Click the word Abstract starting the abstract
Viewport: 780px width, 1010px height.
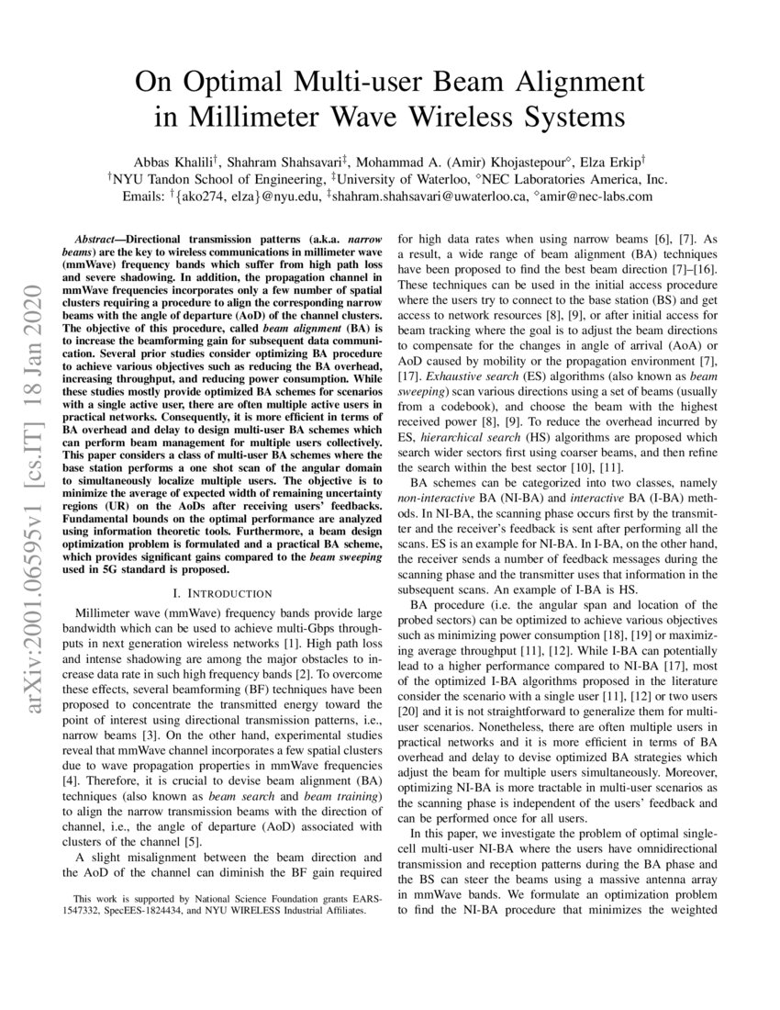(97, 237)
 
